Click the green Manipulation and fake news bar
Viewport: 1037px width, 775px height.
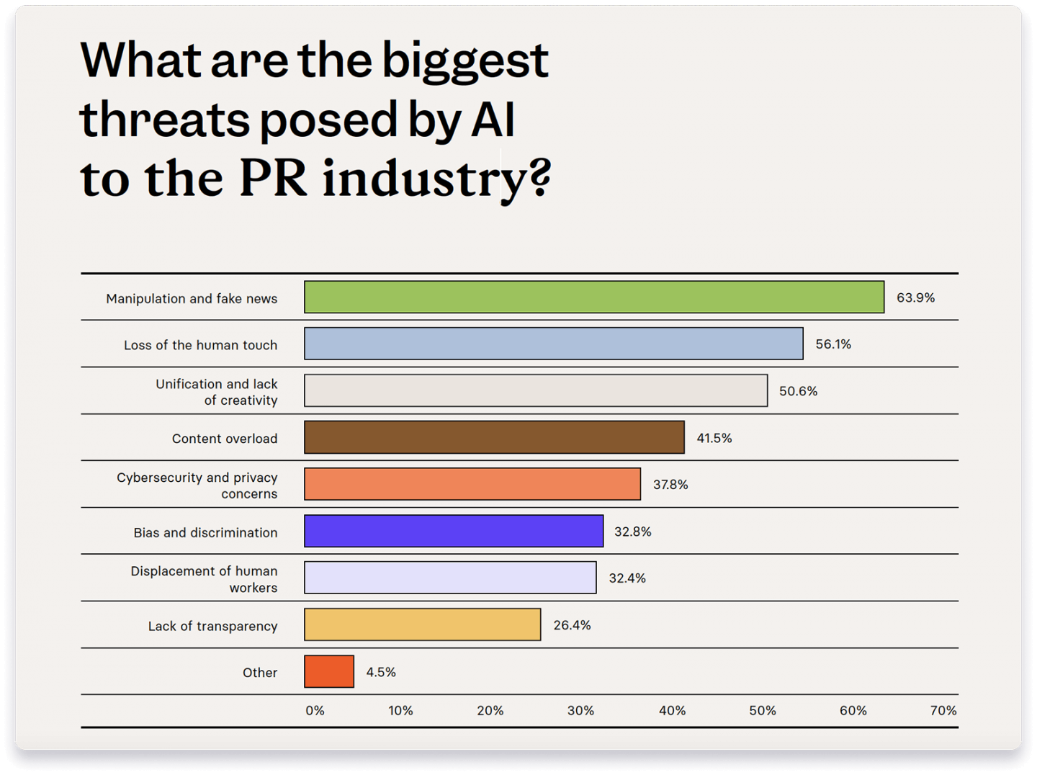pyautogui.click(x=594, y=297)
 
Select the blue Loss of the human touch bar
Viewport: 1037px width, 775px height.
pyautogui.click(x=553, y=344)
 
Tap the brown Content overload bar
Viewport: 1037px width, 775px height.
pyautogui.click(x=494, y=437)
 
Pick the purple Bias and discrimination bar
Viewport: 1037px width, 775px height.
pyautogui.click(x=454, y=531)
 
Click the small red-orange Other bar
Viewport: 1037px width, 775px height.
pyautogui.click(x=329, y=671)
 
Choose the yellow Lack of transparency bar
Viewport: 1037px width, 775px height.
pyautogui.click(x=422, y=624)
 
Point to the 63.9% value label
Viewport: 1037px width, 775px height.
pyautogui.click(x=915, y=297)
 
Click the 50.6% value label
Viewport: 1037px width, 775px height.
pyautogui.click(x=798, y=391)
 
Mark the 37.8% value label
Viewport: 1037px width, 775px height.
pyautogui.click(x=670, y=485)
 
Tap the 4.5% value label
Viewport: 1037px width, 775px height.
pyautogui.click(x=381, y=672)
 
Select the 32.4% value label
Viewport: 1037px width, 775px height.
pyautogui.click(x=627, y=578)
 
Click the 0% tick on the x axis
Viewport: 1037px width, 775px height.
pyautogui.click(x=315, y=711)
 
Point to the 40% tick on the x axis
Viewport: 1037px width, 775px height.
pyautogui.click(x=672, y=711)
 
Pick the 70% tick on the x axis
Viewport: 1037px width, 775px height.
pyautogui.click(x=943, y=711)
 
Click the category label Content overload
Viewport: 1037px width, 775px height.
pyautogui.click(x=224, y=439)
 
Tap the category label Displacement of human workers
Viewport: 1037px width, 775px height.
pyautogui.click(x=204, y=579)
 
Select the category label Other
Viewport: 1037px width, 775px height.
pyautogui.click(x=259, y=673)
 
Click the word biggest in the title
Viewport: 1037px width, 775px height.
pyautogui.click(x=464, y=62)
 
